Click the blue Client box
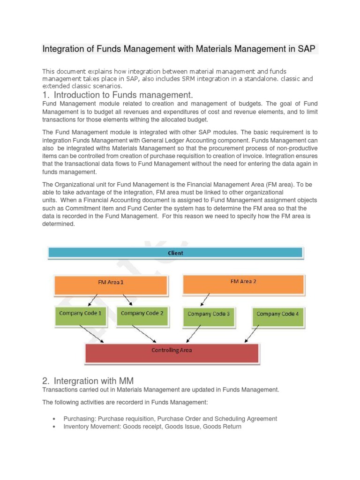[175, 253]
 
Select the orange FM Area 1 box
[111, 285]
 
